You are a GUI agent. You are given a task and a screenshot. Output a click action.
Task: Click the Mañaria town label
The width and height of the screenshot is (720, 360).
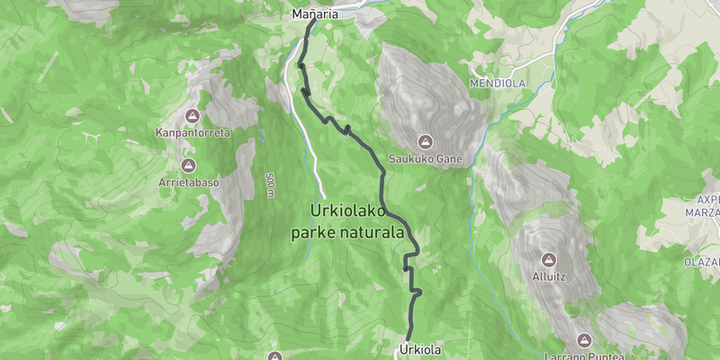coord(315,13)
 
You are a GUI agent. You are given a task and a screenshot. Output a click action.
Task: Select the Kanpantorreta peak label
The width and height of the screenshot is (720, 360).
coord(193,132)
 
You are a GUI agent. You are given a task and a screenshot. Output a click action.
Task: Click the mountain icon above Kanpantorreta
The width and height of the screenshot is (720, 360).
coord(192,116)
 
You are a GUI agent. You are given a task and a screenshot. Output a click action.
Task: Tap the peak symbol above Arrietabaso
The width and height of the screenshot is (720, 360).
coord(188,165)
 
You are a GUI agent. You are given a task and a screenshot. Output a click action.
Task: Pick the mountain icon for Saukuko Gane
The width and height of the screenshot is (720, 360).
coord(425,141)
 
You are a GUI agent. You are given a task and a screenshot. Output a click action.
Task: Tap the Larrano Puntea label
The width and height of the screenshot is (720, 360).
coord(584,355)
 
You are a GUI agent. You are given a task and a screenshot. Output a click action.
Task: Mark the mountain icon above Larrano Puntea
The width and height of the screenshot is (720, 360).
coord(584,339)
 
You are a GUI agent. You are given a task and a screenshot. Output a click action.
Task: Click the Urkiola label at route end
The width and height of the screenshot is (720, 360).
coord(419,348)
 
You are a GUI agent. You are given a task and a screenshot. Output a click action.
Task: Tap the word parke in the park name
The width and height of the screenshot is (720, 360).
coord(310,232)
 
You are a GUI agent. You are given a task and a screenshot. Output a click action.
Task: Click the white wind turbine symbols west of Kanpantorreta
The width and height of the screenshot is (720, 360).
coord(90,138)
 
